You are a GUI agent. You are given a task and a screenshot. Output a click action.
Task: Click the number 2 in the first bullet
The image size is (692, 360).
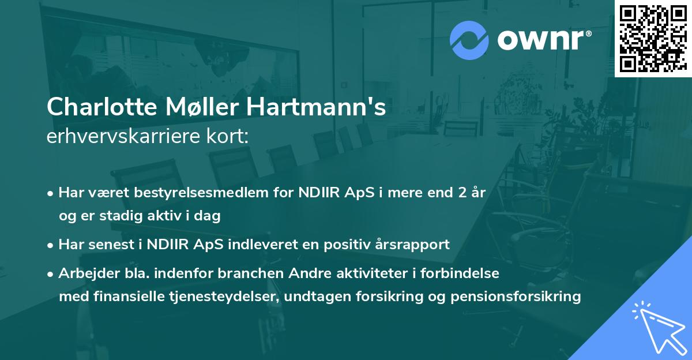pyautogui.click(x=461, y=193)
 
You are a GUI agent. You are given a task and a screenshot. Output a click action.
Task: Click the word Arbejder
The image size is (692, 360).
pyautogui.click(x=84, y=273)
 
